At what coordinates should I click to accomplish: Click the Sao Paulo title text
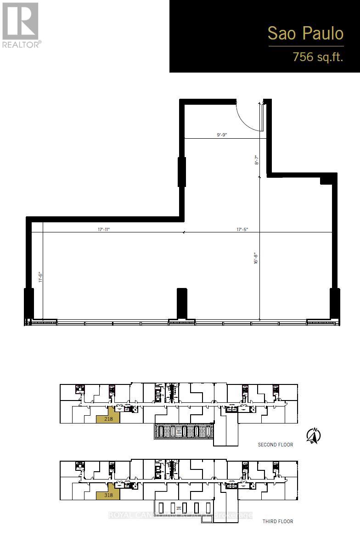305,34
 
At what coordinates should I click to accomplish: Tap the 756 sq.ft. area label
318,57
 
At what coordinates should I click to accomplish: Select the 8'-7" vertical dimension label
257,159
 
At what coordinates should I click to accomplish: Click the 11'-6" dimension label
40,277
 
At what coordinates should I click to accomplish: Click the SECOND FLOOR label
275,445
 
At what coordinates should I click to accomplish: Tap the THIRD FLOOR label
277,521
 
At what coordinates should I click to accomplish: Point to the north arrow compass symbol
314,435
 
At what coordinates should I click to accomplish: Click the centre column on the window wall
182,303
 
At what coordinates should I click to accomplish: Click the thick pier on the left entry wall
182,171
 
